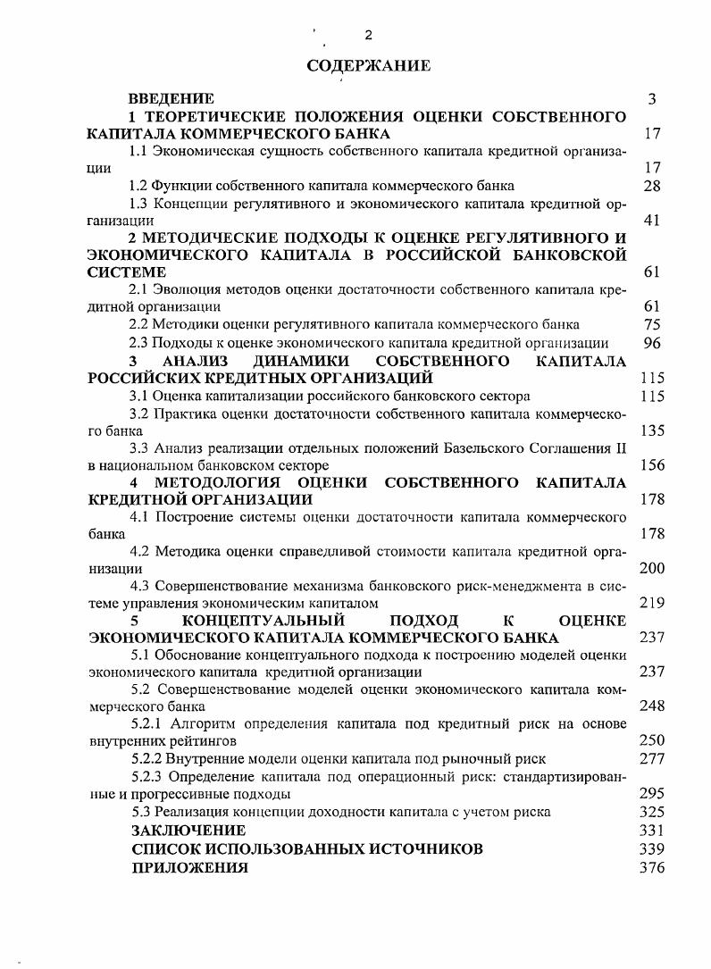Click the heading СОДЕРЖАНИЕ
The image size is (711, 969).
368,65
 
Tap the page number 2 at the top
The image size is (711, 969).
368,35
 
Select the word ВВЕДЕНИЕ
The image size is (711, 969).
171,99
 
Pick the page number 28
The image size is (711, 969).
652,186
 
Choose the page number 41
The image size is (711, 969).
652,221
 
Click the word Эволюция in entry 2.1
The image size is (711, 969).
185,289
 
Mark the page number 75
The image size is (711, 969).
652,324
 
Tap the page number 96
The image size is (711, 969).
652,342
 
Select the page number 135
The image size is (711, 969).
652,430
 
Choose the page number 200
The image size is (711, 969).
652,568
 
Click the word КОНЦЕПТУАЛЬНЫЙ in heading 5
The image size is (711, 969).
263,621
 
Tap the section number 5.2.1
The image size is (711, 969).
147,724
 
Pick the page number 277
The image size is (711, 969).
652,759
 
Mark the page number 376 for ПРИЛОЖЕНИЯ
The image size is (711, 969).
652,866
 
